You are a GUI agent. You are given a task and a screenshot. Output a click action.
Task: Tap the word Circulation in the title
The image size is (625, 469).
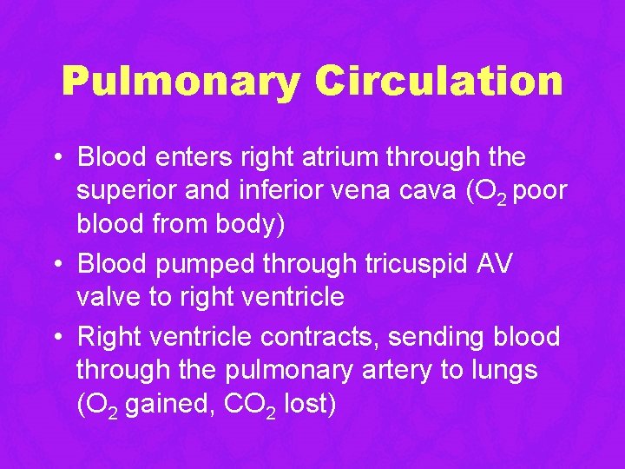pos(438,82)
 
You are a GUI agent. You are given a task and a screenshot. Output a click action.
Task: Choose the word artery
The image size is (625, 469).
pos(395,370)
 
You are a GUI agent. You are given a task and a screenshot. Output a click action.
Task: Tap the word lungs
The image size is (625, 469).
pos(504,370)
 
